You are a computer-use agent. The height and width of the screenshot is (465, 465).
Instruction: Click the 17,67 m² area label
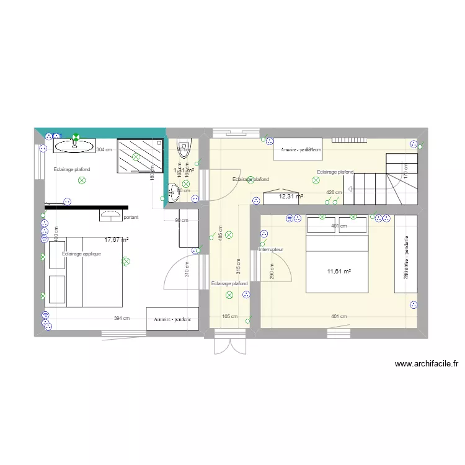(117, 239)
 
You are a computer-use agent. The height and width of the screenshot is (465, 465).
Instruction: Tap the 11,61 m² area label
(339, 271)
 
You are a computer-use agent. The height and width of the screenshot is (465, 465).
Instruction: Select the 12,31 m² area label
(291, 197)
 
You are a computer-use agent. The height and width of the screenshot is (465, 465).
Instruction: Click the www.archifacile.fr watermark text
(426, 365)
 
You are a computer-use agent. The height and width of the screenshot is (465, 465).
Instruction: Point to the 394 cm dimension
(122, 319)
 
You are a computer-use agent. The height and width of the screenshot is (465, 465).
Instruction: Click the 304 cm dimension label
(104, 149)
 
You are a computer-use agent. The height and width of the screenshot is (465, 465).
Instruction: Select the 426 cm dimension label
(334, 193)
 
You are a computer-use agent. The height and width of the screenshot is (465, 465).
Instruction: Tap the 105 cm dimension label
(229, 316)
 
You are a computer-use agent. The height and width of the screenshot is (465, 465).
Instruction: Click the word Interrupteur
(270, 249)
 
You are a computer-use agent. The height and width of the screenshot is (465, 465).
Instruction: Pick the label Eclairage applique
(81, 254)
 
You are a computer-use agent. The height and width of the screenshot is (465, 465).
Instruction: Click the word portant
(131, 218)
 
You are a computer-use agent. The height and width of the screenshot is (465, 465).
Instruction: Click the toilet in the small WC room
(185, 149)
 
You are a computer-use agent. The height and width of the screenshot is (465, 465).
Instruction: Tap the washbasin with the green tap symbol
(74, 146)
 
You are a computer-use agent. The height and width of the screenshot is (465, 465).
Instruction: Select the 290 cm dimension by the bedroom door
(272, 271)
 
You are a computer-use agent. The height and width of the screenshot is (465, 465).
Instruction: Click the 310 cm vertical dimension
(187, 271)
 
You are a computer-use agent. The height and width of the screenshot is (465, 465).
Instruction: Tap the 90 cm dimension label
(181, 221)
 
